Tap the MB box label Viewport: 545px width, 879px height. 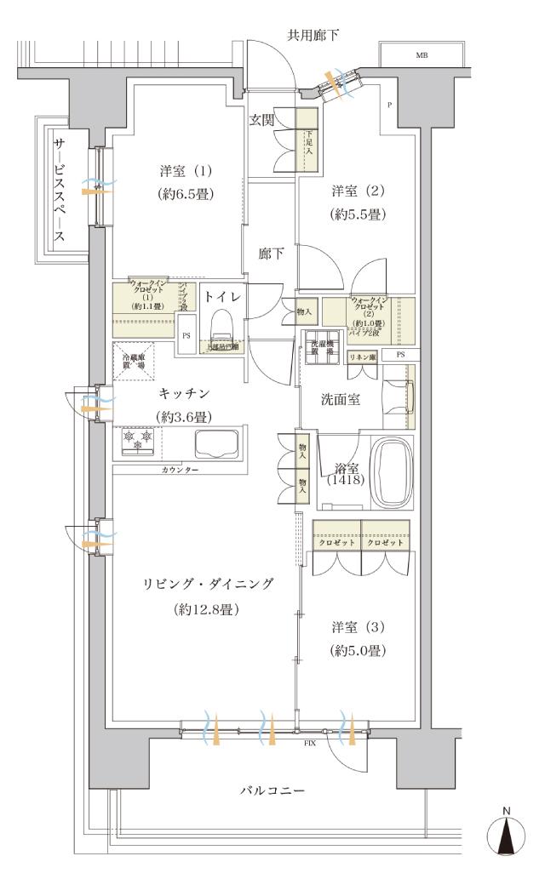coord(422,54)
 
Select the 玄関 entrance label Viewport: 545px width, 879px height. coord(261,121)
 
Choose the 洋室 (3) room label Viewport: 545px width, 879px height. coord(359,628)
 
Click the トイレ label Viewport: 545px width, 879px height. coord(223,296)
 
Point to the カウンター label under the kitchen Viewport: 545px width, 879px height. coord(178,469)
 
